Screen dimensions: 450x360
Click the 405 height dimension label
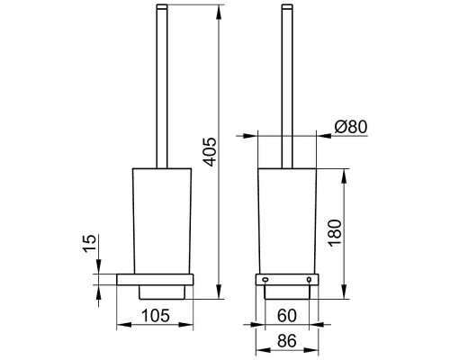point(211,152)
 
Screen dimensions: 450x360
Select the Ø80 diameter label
point(351,127)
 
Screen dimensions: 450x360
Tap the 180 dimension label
point(336,233)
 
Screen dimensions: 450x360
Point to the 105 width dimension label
point(156,316)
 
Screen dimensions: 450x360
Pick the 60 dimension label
point(287,315)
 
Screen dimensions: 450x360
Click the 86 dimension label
point(287,341)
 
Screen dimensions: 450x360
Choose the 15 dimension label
point(90,244)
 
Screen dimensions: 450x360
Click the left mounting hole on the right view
point(265,280)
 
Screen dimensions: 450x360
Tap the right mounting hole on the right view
point(309,280)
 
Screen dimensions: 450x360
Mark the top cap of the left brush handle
point(162,6)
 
